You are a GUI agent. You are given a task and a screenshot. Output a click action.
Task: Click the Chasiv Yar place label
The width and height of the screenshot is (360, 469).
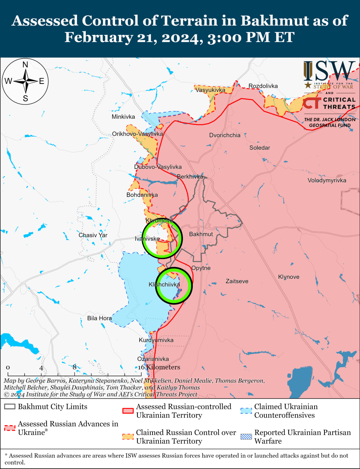click(93, 235)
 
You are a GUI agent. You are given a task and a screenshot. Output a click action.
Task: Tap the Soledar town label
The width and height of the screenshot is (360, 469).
click(260, 148)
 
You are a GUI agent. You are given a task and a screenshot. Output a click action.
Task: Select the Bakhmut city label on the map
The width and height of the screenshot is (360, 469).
click(201, 234)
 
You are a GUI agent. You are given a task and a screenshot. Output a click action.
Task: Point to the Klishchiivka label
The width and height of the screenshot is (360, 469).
click(164, 285)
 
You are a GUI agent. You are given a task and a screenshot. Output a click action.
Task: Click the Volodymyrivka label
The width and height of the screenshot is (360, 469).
click(327, 180)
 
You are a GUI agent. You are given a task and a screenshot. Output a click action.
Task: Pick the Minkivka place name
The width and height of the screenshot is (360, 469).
click(123, 117)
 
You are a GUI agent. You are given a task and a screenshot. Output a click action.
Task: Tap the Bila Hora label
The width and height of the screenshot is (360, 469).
click(99, 318)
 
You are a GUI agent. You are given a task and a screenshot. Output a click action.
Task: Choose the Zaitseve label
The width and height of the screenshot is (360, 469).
click(237, 281)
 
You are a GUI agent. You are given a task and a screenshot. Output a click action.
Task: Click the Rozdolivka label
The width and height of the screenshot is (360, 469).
click(263, 86)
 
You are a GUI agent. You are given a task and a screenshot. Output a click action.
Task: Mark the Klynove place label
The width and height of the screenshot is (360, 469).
click(289, 277)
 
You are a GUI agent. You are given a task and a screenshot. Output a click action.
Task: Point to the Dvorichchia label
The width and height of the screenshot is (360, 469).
click(225, 135)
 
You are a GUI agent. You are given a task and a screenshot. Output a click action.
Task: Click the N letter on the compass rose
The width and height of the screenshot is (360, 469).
click(25, 65)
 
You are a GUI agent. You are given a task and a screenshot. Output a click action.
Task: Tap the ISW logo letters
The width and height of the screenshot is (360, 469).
click(329, 71)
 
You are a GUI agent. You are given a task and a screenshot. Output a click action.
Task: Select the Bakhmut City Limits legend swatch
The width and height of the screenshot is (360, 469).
click(10, 407)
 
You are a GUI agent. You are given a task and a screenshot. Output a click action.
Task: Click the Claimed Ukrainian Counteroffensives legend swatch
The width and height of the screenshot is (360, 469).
click(246, 410)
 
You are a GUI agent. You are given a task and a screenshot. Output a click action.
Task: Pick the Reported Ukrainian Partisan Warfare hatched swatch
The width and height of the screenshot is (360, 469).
click(246, 436)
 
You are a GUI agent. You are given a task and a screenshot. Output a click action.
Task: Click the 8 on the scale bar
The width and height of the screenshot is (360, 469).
click(74, 367)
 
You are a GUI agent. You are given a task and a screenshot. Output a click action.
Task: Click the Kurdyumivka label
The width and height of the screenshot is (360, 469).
click(156, 340)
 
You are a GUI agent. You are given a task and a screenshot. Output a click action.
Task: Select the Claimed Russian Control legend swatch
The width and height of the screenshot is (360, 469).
click(128, 436)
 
